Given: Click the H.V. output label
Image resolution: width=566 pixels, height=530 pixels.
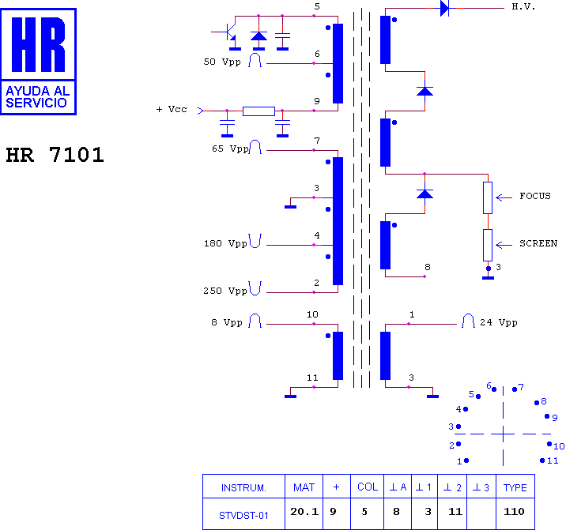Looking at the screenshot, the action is pyautogui.click(x=523, y=7).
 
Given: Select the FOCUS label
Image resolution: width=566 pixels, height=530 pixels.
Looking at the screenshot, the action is pyautogui.click(x=535, y=196).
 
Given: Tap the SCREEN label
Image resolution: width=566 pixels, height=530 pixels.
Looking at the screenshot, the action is pyautogui.click(x=538, y=243).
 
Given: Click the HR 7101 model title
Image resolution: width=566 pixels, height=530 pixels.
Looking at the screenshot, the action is pyautogui.click(x=55, y=155).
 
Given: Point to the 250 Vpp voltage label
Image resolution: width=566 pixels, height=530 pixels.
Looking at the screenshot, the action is pyautogui.click(x=225, y=291).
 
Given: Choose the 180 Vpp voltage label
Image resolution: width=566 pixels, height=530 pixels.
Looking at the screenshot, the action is pyautogui.click(x=225, y=243).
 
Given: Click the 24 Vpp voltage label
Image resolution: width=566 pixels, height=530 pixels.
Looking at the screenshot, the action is pyautogui.click(x=499, y=322).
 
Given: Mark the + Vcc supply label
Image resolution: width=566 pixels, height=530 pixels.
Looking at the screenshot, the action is pyautogui.click(x=172, y=109).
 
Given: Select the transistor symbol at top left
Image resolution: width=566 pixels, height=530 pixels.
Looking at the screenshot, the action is pyautogui.click(x=228, y=34).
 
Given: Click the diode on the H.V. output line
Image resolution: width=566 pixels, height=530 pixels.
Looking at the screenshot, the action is pyautogui.click(x=445, y=8).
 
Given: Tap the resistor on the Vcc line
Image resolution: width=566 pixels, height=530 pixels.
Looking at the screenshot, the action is pyautogui.click(x=258, y=111).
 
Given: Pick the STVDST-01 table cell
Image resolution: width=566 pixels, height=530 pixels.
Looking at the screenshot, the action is pyautogui.click(x=243, y=513).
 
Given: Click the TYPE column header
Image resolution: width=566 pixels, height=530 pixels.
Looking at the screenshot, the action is pyautogui.click(x=515, y=487).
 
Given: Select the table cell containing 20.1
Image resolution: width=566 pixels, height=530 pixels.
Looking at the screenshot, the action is pyautogui.click(x=304, y=513).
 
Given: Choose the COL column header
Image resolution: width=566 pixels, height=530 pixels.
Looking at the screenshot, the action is pyautogui.click(x=368, y=487).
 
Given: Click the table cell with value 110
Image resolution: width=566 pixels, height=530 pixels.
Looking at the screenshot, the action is pyautogui.click(x=515, y=513).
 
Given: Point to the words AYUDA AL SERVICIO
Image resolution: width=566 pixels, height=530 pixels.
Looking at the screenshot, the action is pyautogui.click(x=37, y=96).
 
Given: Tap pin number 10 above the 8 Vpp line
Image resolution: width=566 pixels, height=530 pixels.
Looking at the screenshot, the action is pyautogui.click(x=312, y=314).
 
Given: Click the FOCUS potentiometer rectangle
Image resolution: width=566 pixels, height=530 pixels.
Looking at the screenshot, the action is pyautogui.click(x=488, y=197).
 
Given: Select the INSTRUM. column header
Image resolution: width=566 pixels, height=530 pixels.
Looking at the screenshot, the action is pyautogui.click(x=243, y=487).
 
